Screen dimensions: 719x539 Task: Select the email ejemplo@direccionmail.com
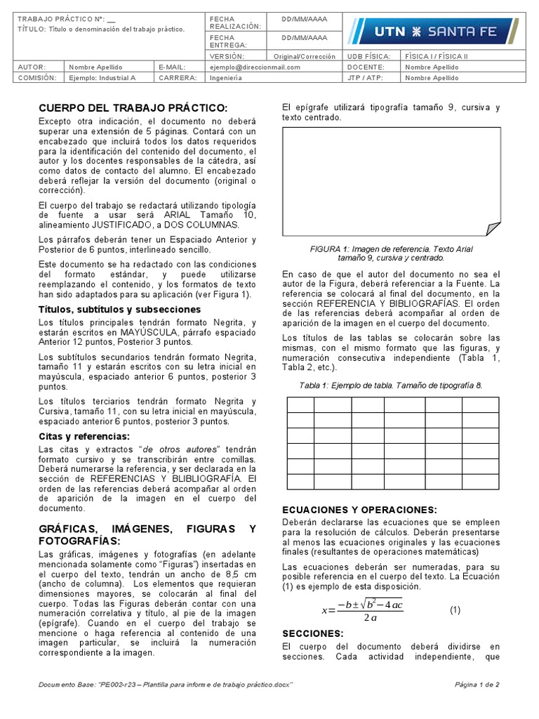[255, 67]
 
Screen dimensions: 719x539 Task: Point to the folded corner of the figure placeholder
[493, 228]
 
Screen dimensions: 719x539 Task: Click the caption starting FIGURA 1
[391, 253]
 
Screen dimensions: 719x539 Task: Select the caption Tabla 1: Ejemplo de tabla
[390, 385]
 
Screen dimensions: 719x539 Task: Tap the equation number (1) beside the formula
[455, 610]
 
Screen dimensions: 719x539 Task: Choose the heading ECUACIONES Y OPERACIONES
[359, 510]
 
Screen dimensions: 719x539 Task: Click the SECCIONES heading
[312, 633]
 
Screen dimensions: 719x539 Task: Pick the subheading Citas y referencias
[84, 437]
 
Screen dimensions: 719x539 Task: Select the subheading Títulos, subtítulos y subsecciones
[120, 309]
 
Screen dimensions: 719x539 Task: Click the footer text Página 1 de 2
[477, 685]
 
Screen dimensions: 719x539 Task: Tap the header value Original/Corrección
[304, 56]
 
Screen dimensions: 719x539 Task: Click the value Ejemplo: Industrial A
[102, 78]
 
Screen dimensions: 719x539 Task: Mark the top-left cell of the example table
[300, 404]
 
